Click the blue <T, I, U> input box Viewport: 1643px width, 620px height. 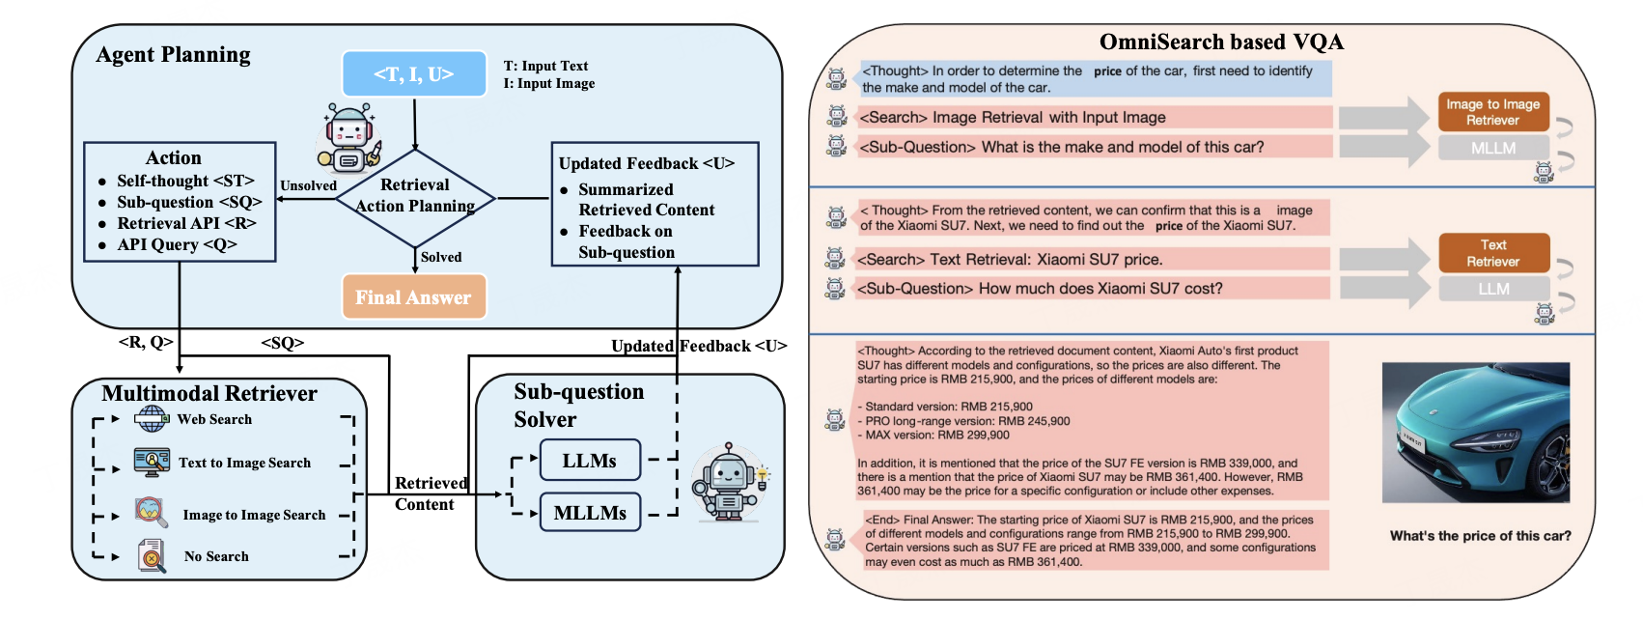point(414,74)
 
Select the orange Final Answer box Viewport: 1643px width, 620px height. point(414,297)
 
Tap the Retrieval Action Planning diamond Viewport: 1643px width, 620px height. point(415,197)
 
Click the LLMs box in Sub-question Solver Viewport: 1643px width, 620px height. point(589,461)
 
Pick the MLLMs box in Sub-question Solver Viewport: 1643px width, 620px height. point(590,513)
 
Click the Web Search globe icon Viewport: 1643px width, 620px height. point(152,419)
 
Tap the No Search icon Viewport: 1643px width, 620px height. point(152,556)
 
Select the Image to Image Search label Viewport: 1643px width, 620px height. point(254,515)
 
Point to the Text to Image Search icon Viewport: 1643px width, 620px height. point(152,463)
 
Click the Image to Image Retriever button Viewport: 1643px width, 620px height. point(1492,112)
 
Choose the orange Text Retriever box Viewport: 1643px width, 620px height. point(1492,253)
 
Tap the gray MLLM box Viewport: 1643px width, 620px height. point(1492,148)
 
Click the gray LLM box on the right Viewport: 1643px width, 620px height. point(1492,289)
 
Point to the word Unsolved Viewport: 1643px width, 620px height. point(308,185)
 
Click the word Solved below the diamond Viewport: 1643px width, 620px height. point(441,257)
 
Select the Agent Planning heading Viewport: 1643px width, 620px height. point(174,55)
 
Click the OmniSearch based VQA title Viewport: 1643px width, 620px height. point(1221,42)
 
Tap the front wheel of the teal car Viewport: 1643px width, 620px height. point(1548,471)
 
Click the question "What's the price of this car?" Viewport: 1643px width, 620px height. point(1480,536)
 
